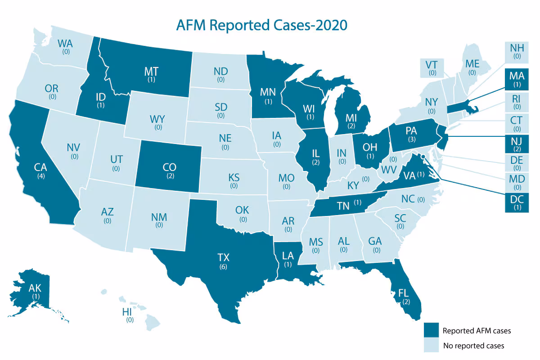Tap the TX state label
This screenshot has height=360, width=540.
click(222, 258)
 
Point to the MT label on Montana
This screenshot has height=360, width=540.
click(150, 72)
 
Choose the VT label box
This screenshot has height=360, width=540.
click(432, 68)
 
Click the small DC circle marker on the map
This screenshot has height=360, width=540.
click(423, 157)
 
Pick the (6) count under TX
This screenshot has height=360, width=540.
click(222, 267)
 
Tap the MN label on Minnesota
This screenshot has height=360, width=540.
click(269, 93)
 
